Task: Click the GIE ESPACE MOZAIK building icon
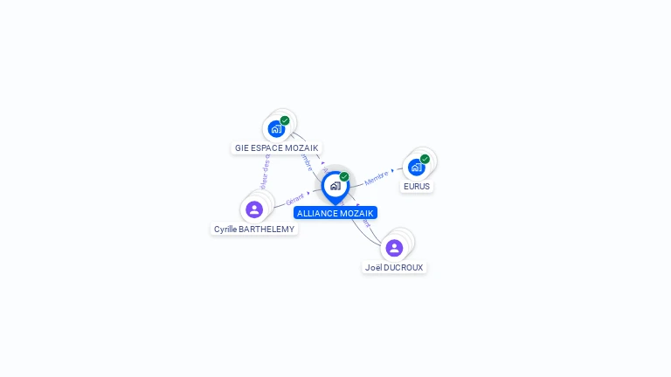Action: (276, 129)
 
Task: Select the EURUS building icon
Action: (416, 167)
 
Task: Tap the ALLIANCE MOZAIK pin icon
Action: (335, 186)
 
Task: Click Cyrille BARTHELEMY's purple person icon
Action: (254, 209)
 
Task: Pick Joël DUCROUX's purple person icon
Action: (394, 248)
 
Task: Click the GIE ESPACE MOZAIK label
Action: (276, 148)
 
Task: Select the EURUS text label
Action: (417, 186)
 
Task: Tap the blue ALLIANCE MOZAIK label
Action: (335, 213)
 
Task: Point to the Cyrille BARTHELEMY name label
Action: (254, 229)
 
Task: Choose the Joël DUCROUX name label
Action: (394, 267)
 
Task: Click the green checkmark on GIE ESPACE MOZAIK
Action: (285, 120)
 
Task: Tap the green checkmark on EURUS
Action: (425, 159)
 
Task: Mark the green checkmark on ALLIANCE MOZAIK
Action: (344, 176)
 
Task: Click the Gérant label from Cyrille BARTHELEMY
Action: (295, 201)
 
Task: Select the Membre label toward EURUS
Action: (376, 177)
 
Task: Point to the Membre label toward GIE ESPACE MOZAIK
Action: (305, 161)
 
